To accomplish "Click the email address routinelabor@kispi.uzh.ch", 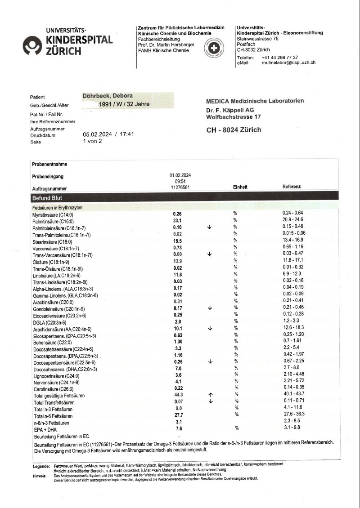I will tap(288, 63).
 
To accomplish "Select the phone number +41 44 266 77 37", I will tap(279, 58).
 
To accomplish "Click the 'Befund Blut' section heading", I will tap(47, 198).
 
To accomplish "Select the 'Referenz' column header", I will tap(292, 186).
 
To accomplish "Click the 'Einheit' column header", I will tap(240, 186).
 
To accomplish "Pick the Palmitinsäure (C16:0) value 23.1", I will tap(177, 221).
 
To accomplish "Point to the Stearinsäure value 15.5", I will tap(177, 241).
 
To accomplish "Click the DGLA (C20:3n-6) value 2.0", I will tap(177, 322).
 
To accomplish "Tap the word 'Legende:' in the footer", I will tap(42, 466).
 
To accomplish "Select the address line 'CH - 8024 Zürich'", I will tap(234, 130).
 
